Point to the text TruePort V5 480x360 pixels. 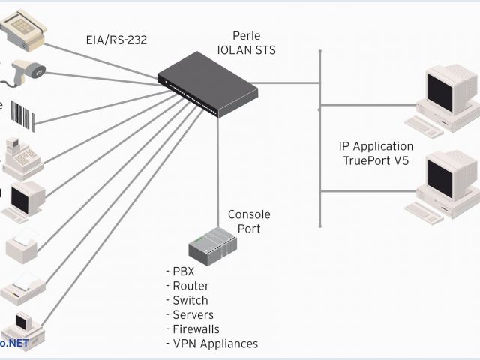376,160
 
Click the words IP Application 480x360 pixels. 376,146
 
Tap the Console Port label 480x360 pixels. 248,221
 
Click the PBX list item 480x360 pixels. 181,271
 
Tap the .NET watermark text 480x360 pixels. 16,343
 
